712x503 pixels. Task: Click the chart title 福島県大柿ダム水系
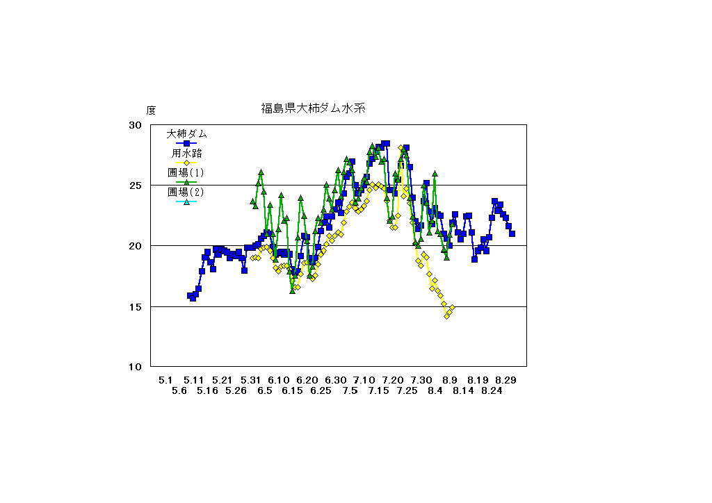(x=313, y=108)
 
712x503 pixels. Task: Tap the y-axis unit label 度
(x=151, y=110)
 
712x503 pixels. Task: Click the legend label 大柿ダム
(x=186, y=133)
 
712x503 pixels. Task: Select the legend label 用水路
(x=186, y=153)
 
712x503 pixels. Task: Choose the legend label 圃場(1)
(x=186, y=172)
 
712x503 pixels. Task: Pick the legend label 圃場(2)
(x=186, y=192)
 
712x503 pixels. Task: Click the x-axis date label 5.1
(x=165, y=380)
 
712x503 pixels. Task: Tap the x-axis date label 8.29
(x=505, y=380)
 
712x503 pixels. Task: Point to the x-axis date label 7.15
(x=378, y=390)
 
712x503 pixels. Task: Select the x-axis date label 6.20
(x=307, y=380)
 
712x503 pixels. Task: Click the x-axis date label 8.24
(x=492, y=390)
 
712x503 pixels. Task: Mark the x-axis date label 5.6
(x=179, y=390)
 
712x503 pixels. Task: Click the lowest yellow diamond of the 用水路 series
(x=447, y=316)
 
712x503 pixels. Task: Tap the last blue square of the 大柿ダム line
(x=512, y=233)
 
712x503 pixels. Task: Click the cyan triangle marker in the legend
(x=186, y=202)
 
